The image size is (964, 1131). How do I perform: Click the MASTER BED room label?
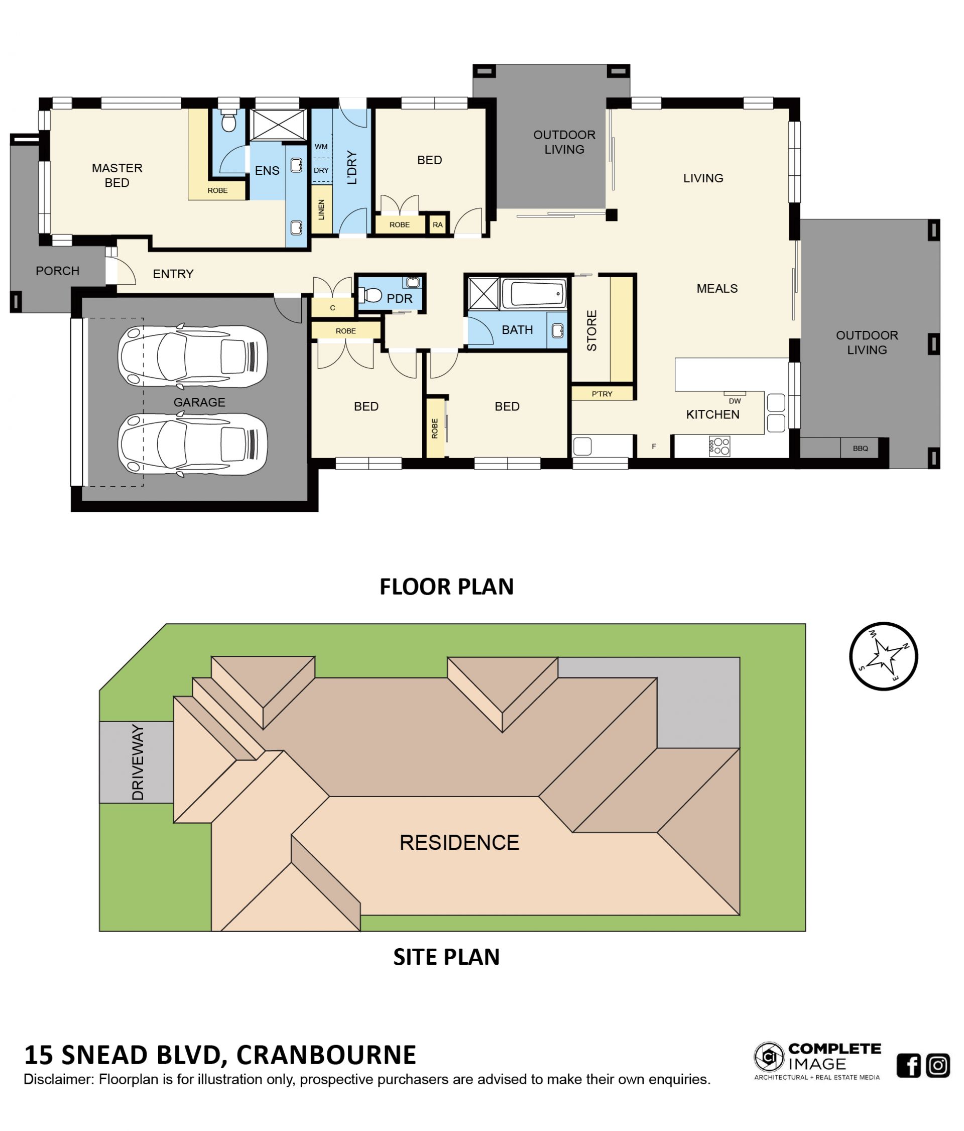point(117,175)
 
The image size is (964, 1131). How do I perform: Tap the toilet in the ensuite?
point(228,121)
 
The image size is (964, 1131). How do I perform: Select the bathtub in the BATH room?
point(534,294)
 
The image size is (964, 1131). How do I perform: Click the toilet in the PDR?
point(370,296)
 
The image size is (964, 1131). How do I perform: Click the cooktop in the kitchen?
point(719,446)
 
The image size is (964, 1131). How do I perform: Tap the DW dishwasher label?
point(735,401)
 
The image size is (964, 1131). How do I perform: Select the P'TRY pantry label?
point(602,394)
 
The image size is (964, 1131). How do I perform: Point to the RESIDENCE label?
point(459,842)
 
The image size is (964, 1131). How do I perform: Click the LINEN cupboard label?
point(321,209)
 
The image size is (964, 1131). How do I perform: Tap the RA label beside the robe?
point(437,224)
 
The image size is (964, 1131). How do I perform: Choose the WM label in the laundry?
point(321,146)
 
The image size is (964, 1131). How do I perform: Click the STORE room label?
point(592,330)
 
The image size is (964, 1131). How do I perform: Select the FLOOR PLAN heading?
point(446,586)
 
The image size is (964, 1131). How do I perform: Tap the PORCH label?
point(57,271)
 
